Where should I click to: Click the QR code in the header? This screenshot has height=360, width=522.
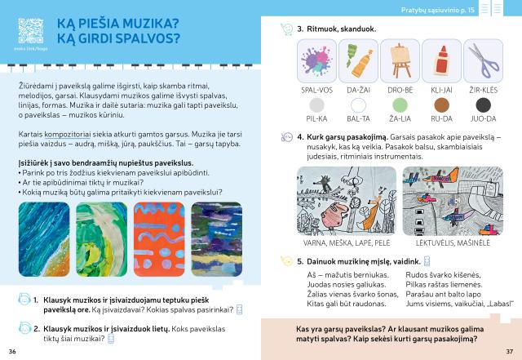[x=31, y=31]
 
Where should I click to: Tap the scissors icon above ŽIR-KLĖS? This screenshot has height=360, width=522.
[x=484, y=60]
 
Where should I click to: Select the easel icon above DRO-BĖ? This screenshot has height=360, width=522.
[x=400, y=60]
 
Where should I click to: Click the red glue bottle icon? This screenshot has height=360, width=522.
[x=442, y=60]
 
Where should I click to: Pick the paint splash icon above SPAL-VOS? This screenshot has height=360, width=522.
[x=316, y=60]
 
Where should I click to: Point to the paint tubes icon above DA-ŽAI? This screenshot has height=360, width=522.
[x=358, y=60]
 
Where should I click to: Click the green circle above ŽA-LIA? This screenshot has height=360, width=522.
[x=400, y=105]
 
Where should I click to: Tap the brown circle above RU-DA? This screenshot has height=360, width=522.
[x=442, y=105]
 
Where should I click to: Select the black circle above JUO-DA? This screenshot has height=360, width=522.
[x=484, y=105]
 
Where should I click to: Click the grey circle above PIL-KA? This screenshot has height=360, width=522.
[x=316, y=105]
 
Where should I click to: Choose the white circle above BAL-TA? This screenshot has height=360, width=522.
[x=358, y=105]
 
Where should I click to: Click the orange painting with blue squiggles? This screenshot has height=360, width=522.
[x=159, y=239]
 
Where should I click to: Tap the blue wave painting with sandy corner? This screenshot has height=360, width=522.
[x=44, y=239]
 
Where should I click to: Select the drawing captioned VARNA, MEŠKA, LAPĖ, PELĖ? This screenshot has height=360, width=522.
[x=347, y=201]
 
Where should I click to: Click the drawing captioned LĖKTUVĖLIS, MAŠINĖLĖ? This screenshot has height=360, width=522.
[x=453, y=201]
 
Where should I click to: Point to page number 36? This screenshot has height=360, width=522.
[x=12, y=351]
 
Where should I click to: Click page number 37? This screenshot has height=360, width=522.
[x=509, y=351]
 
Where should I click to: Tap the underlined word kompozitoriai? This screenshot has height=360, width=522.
[x=67, y=135]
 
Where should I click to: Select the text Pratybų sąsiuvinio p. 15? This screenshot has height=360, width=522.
[x=437, y=10]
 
